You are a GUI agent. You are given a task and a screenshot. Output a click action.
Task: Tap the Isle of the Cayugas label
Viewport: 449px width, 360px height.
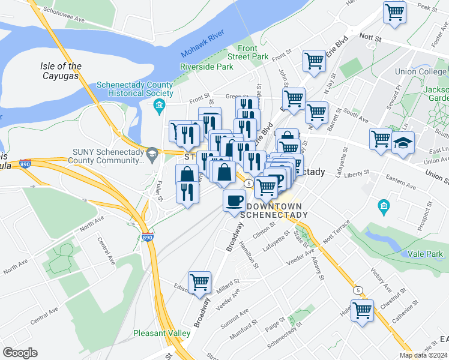[x=61, y=71]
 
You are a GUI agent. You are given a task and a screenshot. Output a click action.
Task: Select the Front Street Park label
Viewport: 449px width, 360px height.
[x=253, y=52]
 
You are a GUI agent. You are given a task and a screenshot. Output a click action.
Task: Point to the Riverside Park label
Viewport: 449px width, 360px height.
[x=206, y=67]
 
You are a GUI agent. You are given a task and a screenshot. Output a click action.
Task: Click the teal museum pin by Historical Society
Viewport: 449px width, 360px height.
[x=159, y=107]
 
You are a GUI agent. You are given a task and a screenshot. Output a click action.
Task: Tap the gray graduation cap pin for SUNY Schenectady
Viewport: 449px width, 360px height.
[x=152, y=154]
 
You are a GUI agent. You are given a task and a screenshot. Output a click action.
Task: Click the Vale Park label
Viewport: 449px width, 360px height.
[x=427, y=254]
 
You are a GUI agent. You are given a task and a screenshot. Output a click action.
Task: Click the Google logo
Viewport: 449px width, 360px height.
[x=20, y=352]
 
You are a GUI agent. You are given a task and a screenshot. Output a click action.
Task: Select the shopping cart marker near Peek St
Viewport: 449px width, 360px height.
[x=394, y=11]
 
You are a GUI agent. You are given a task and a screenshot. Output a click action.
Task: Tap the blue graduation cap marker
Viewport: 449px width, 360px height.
[x=403, y=143]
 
